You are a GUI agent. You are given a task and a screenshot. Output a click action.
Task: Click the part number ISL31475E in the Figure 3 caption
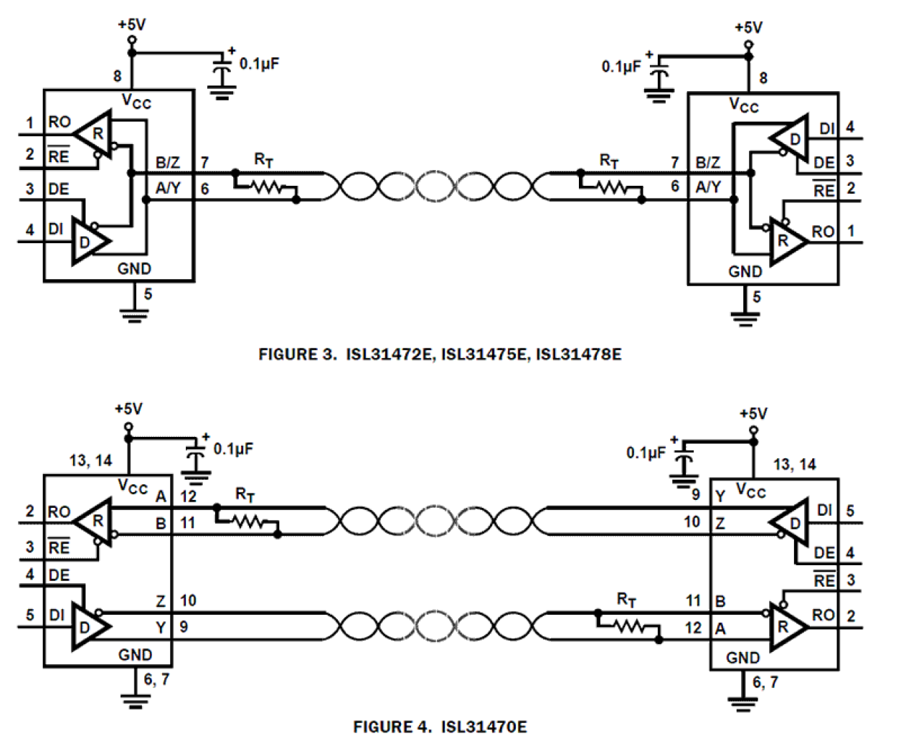(484, 354)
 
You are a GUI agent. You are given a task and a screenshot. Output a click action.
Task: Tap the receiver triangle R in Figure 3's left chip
(95, 133)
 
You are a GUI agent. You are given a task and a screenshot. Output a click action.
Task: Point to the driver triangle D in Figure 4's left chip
(89, 627)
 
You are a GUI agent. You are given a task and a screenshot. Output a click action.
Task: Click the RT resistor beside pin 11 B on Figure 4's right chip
(628, 627)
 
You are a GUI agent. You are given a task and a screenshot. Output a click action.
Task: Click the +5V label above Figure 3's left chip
(131, 24)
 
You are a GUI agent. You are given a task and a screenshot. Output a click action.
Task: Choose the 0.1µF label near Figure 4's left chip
(233, 449)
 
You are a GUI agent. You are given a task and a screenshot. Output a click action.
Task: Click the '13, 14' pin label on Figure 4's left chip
(90, 460)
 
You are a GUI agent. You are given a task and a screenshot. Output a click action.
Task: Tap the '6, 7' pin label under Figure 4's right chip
(765, 682)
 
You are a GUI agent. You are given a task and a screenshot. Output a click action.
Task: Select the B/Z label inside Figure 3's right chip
(707, 163)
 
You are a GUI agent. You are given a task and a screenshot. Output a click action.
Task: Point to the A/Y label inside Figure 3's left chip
(169, 188)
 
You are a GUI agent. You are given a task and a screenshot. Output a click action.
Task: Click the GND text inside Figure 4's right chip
(742, 657)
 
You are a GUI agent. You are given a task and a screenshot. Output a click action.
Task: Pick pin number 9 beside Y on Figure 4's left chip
(184, 627)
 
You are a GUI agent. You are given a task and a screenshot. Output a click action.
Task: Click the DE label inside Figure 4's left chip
(59, 575)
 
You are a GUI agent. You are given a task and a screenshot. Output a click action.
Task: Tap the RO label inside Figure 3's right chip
(823, 232)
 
